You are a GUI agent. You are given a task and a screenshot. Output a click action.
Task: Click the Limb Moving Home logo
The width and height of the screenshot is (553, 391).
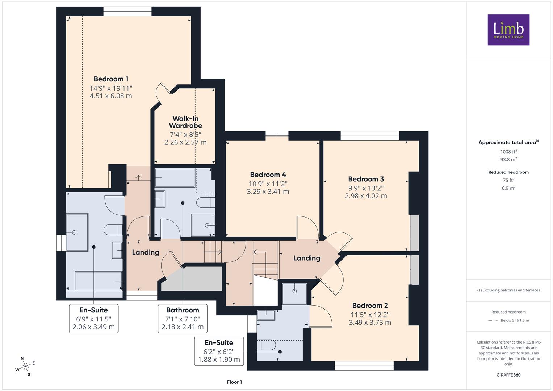[x=508, y=30]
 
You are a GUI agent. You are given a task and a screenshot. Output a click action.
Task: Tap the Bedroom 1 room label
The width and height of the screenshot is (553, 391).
[x=111, y=79]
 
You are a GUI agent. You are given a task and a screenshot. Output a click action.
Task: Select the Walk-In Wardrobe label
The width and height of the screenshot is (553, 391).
[x=185, y=122]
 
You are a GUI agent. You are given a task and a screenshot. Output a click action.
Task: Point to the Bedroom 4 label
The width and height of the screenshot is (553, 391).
[x=268, y=175]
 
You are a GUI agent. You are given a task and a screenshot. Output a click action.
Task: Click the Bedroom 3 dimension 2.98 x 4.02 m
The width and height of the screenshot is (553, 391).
[x=366, y=196]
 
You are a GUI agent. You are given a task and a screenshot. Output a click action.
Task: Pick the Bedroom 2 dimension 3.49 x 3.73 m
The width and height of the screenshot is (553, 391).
[x=370, y=322]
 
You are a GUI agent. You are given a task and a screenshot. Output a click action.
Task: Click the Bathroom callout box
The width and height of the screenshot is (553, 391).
[x=183, y=319]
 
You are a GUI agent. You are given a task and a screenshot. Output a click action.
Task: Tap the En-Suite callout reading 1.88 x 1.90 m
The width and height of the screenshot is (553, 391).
[x=219, y=351]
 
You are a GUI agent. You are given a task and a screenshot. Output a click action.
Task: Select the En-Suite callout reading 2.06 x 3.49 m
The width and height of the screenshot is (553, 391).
[x=93, y=319]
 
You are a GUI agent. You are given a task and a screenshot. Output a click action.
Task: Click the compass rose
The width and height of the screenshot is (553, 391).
[x=25, y=366]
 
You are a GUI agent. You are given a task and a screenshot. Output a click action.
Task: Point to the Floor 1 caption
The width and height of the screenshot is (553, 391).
[x=234, y=382]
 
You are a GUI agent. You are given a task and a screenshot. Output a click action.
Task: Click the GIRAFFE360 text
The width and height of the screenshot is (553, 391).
[x=508, y=375]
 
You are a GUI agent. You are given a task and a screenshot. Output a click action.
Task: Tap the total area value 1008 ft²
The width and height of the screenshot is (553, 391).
[x=508, y=152]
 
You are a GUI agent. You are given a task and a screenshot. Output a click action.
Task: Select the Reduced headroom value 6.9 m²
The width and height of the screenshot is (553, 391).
[x=508, y=188]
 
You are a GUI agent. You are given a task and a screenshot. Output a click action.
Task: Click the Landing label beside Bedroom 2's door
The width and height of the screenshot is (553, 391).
[x=307, y=258]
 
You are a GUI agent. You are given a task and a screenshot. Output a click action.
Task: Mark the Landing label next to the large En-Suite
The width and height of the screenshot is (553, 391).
[x=146, y=252]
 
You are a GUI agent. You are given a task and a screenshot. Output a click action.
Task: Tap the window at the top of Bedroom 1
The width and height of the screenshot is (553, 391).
[x=127, y=11]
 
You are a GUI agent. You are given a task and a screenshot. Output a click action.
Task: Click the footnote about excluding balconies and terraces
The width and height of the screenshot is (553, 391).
[x=508, y=290]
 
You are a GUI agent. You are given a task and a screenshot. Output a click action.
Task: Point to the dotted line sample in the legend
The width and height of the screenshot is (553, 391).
[x=493, y=320]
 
